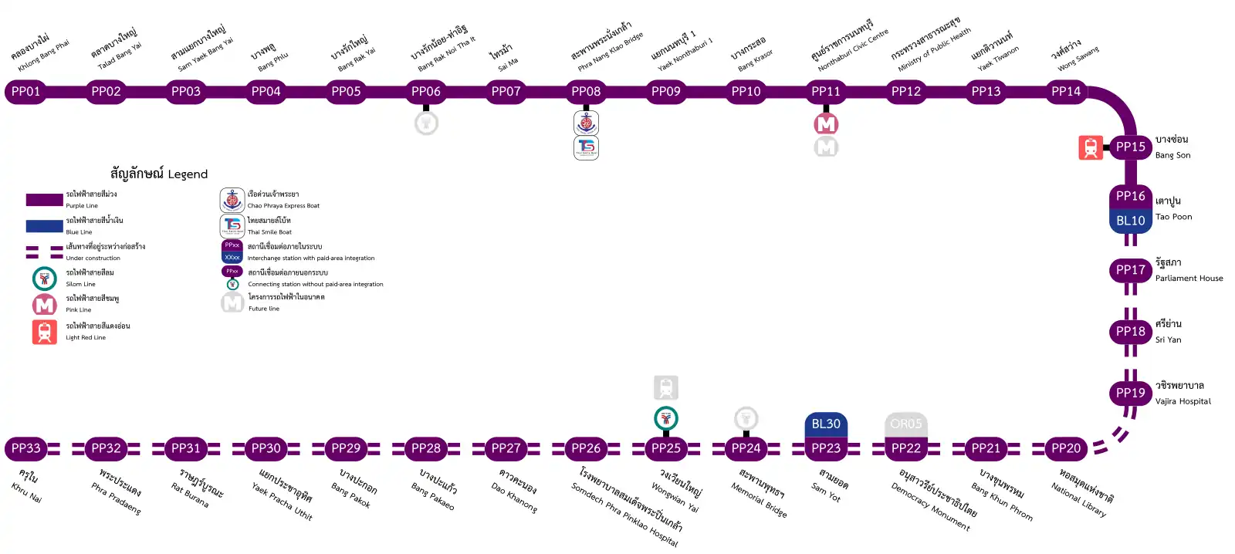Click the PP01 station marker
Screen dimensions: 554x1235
25,91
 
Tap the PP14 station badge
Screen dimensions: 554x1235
1066,91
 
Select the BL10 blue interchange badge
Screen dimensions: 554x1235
1130,221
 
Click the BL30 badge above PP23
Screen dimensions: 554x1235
826,424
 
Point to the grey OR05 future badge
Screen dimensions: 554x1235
905,424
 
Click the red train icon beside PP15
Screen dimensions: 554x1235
1090,147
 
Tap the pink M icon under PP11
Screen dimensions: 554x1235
826,123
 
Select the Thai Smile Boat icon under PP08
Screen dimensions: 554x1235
587,147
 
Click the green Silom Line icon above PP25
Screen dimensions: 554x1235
665,418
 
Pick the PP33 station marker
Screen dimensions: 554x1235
25,448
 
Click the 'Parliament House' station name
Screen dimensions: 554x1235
1189,279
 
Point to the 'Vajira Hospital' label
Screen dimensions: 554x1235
1183,401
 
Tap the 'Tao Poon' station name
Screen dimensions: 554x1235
1173,217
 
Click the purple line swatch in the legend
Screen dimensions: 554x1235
44,200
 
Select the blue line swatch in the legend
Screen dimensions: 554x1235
44,226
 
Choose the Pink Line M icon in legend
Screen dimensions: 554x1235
45,305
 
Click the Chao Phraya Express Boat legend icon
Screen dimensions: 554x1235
232,200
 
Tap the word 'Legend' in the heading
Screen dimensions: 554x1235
188,174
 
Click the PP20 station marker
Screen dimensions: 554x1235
1066,448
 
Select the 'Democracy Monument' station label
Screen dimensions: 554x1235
930,506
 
